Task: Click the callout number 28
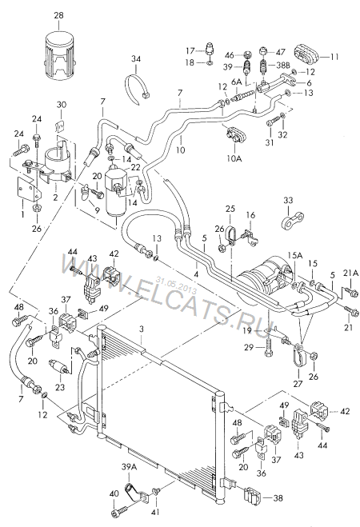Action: (x=58, y=15)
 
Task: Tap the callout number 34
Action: (x=136, y=59)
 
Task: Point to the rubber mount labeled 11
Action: (x=306, y=55)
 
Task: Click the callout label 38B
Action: (x=282, y=67)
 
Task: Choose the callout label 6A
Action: (x=236, y=82)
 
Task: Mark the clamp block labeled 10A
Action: (x=234, y=135)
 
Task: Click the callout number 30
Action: (x=61, y=105)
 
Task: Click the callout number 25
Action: (x=230, y=210)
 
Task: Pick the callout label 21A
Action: (x=350, y=273)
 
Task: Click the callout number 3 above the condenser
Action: (x=142, y=329)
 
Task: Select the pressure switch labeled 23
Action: (x=61, y=366)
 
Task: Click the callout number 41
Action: (x=156, y=513)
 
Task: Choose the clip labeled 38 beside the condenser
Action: (x=252, y=497)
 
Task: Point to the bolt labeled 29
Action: (x=269, y=349)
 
